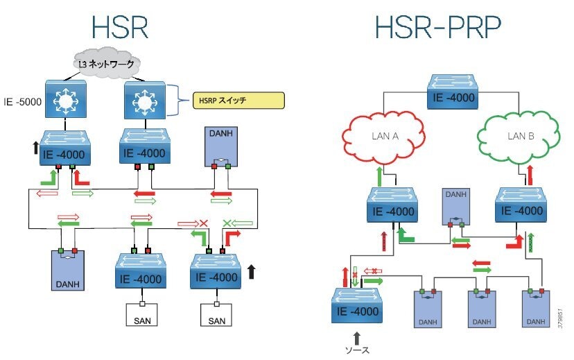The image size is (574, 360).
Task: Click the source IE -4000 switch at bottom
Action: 357,305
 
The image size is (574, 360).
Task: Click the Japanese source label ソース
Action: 358,352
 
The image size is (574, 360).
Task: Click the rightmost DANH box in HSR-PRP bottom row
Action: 534,309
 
